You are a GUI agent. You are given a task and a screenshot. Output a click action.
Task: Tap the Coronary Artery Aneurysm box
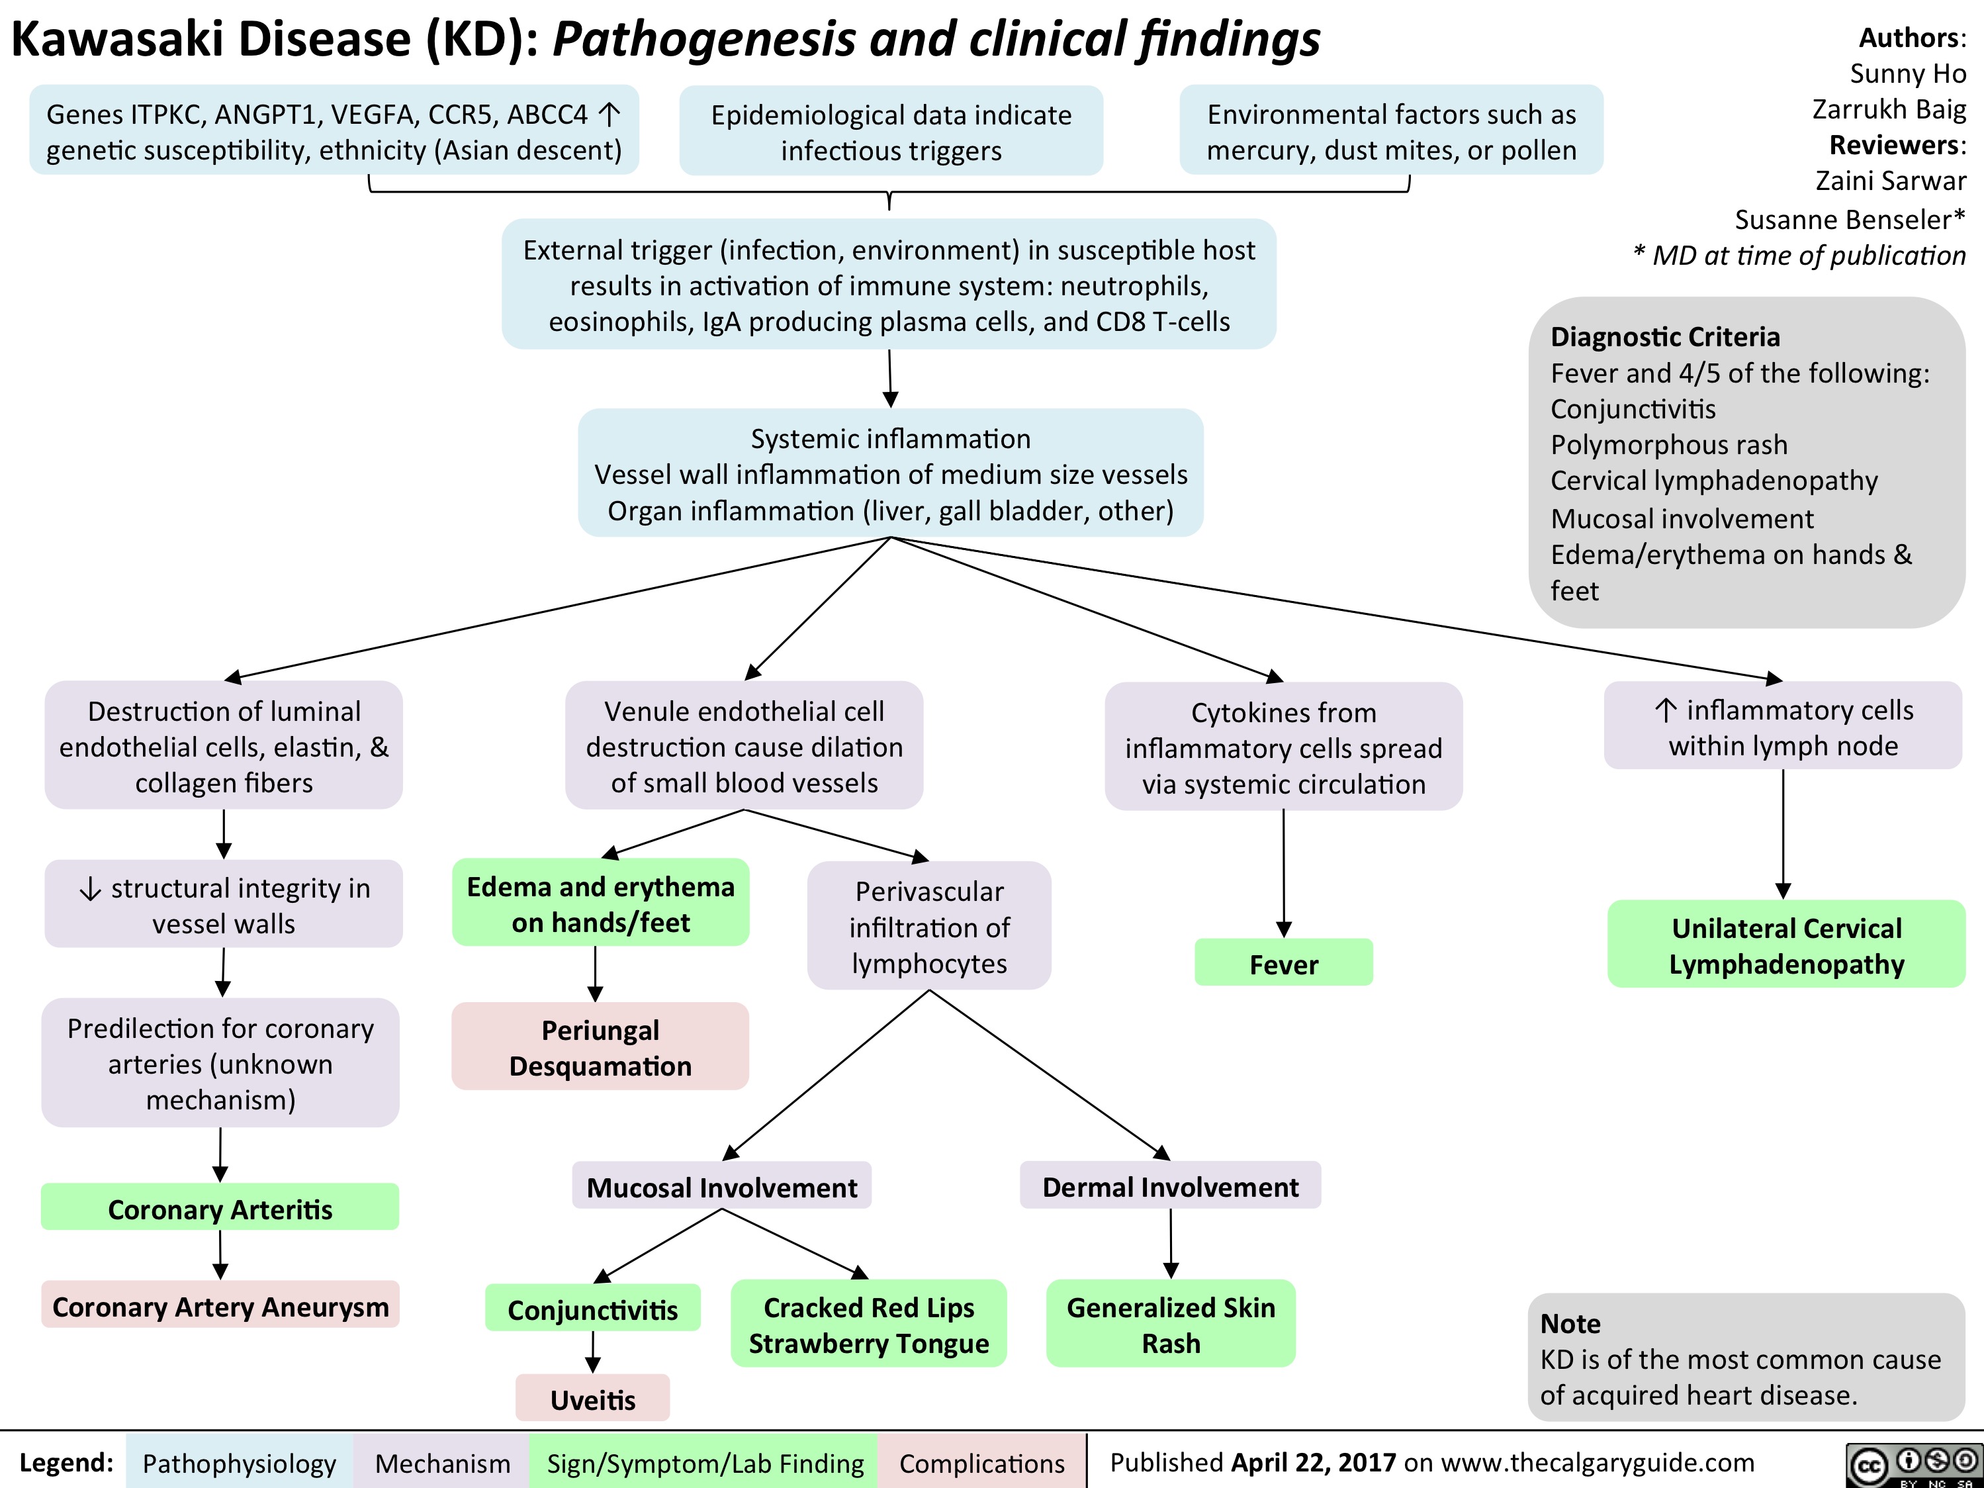(x=220, y=1306)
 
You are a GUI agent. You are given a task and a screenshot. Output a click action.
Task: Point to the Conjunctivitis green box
(x=592, y=1309)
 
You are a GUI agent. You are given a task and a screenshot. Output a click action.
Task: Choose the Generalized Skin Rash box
(x=1171, y=1324)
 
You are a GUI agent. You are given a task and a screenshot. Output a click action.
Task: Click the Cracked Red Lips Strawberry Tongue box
(x=868, y=1324)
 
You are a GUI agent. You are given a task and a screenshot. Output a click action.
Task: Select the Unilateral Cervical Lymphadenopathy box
(x=1785, y=945)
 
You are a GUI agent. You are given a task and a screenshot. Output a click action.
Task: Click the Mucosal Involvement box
(x=721, y=1187)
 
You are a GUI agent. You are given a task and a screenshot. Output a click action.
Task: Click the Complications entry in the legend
(x=981, y=1463)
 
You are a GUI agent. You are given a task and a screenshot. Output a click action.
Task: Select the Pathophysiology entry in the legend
(x=239, y=1463)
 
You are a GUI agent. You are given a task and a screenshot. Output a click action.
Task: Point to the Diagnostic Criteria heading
(x=1665, y=336)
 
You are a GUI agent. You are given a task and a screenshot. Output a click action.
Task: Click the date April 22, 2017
(x=1313, y=1462)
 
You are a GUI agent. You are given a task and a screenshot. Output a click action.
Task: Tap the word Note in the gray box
(x=1570, y=1323)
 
